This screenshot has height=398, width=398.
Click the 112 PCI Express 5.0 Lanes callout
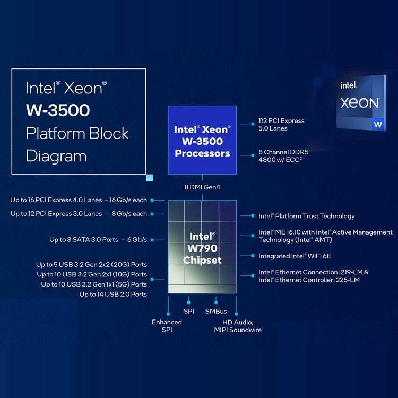[x=281, y=124]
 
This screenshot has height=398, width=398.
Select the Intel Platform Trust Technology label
[x=306, y=216]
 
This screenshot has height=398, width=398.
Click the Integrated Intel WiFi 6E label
[x=294, y=256]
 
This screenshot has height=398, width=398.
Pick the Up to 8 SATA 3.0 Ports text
[x=98, y=239]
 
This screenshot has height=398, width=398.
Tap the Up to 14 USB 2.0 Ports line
[x=113, y=294]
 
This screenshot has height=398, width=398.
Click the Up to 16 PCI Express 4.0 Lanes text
[x=79, y=200]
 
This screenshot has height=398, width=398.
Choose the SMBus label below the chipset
[x=216, y=311]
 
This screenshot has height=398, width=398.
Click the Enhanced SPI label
[x=167, y=326]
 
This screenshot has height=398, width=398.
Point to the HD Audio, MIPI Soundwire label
[x=237, y=326]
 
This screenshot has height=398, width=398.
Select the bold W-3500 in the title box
[x=58, y=110]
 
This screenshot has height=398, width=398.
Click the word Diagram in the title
[x=56, y=155]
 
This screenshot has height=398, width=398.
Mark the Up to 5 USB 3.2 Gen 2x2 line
[x=91, y=264]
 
